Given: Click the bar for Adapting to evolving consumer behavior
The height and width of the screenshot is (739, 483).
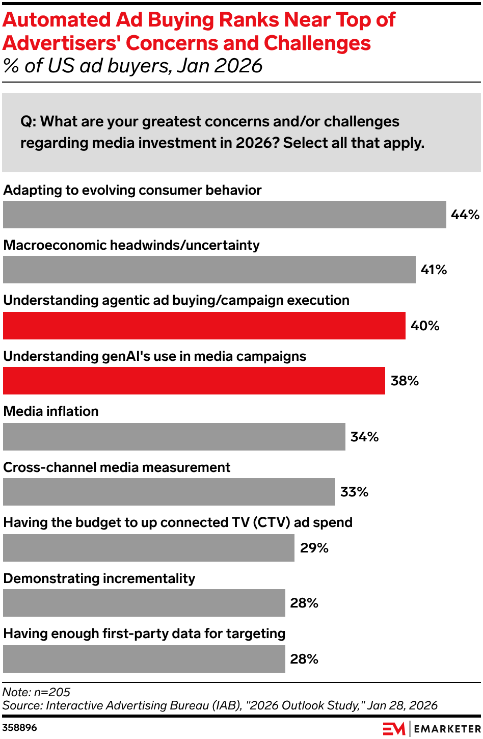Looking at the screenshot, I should click(224, 215).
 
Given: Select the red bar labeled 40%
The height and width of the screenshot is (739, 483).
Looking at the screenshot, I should click(204, 326).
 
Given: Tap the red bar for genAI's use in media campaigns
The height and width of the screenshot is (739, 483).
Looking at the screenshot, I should click(194, 381).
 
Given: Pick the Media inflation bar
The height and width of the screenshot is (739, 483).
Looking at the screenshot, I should click(174, 437).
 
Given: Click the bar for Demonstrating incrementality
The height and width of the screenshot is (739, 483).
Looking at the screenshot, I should click(144, 603).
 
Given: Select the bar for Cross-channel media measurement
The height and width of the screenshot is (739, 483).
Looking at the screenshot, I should click(169, 492).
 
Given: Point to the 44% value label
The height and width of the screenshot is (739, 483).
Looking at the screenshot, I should click(465, 215).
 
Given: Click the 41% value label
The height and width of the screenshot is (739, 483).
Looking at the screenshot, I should click(434, 270).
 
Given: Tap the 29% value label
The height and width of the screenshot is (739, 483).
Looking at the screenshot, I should click(314, 548).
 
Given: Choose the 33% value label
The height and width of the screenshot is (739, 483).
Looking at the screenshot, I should click(354, 492).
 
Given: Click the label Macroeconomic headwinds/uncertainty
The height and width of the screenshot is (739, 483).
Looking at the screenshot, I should click(131, 245).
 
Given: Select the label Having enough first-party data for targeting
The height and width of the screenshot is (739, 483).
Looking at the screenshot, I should click(144, 634).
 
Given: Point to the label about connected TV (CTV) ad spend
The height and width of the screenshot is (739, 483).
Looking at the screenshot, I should click(178, 522).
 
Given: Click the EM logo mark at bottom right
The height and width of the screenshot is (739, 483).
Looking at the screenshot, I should click(393, 729).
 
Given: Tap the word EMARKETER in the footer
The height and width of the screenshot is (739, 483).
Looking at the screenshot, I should click(447, 729).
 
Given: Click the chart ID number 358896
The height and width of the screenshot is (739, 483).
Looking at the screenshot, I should click(19, 727).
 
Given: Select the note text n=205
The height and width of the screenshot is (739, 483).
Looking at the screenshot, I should click(52, 692).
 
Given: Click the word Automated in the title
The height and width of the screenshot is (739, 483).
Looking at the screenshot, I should click(57, 20).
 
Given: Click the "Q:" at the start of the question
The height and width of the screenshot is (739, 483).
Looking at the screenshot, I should click(28, 122).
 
